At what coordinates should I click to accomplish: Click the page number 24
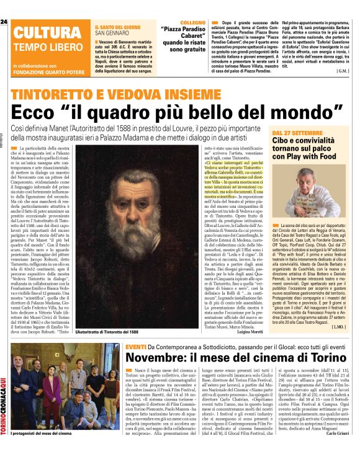(x=4, y=22)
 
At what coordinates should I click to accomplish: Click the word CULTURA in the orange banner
(x=43, y=33)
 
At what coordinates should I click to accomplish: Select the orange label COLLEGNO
(x=184, y=22)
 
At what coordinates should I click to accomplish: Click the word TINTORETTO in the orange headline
(x=60, y=94)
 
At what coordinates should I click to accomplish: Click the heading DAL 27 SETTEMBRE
(x=297, y=133)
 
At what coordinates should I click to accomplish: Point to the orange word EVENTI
(x=135, y=347)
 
